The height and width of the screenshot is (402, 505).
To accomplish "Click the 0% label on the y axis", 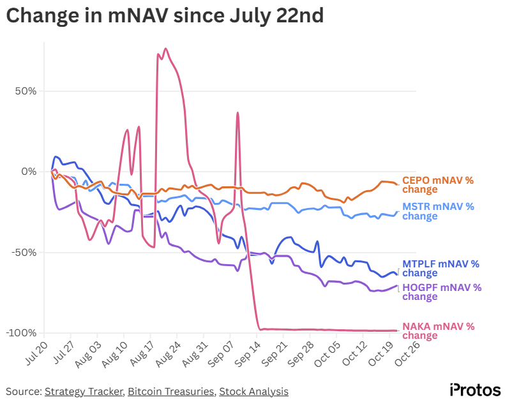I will pos(31,171).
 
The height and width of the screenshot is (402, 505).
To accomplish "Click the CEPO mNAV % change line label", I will pos(437,184).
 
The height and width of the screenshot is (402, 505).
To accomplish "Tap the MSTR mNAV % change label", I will pos(437,211).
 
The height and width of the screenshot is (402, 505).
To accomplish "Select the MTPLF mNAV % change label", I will pos(440,268).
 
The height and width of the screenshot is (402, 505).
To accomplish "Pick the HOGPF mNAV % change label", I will pos(441,292).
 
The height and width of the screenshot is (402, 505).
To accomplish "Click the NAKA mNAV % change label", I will pos(438,331).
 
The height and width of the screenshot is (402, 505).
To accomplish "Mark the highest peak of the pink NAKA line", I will pos(166,48).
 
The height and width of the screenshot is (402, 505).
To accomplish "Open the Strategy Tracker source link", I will pos(83,391).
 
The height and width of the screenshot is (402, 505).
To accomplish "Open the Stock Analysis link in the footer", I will pos(253,391).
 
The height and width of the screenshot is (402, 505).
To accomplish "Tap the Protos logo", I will pos(475,389).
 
